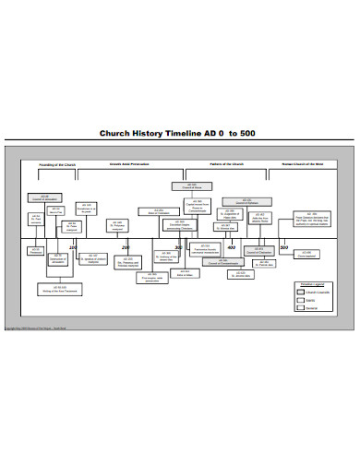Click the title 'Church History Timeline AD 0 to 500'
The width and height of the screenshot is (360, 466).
point(178,133)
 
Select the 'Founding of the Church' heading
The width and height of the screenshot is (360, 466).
point(58,163)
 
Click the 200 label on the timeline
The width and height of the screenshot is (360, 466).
point(125,247)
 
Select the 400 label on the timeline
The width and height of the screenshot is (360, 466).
point(231,247)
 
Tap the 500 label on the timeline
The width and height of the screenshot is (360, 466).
point(283,247)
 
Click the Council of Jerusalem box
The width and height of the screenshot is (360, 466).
point(45,197)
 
